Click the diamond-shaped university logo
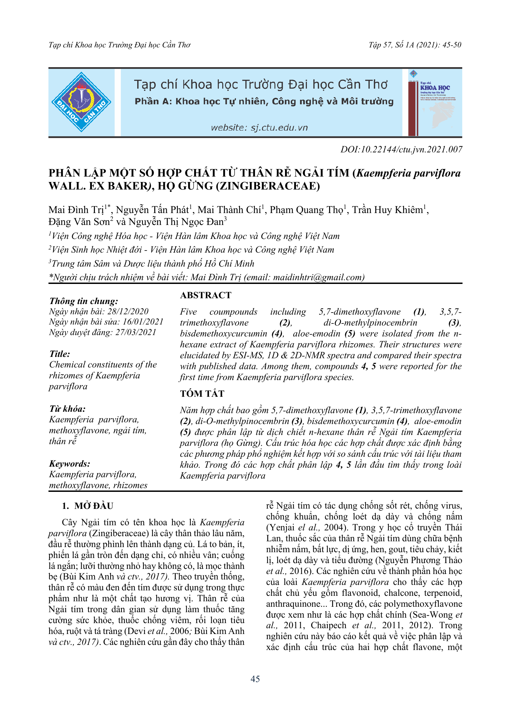tap(81, 102)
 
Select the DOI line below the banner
tap(401, 149)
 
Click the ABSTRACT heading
tap(205, 295)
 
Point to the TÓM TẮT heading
tap(202, 394)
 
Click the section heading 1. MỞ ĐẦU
tap(87, 506)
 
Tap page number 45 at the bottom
tap(255, 679)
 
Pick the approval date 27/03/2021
tap(136, 332)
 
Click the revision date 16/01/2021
tap(143, 322)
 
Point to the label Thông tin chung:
tap(84, 301)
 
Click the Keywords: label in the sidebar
tap(70, 464)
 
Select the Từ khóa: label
tap(67, 409)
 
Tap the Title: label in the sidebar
tap(60, 354)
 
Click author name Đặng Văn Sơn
tap(79, 222)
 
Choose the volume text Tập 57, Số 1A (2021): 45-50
tap(415, 45)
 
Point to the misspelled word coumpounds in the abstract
tap(233, 312)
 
